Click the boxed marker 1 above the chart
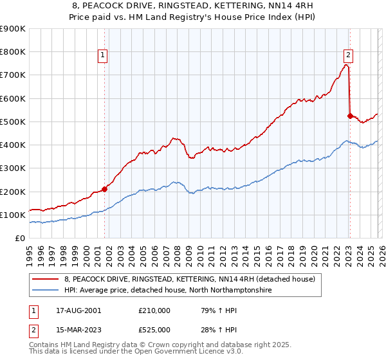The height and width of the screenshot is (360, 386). [x=104, y=55]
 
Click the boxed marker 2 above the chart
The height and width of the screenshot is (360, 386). [x=348, y=55]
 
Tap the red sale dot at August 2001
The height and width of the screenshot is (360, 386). [x=104, y=189]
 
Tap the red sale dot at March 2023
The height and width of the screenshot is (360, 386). [x=350, y=116]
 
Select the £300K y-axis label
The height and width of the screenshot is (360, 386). [x=13, y=168]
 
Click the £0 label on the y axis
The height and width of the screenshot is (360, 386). [x=19, y=238]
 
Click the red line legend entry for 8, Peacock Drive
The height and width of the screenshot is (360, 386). [x=189, y=279]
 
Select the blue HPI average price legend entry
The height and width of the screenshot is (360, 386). [x=167, y=291]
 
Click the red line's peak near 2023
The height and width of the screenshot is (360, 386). [x=346, y=64]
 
